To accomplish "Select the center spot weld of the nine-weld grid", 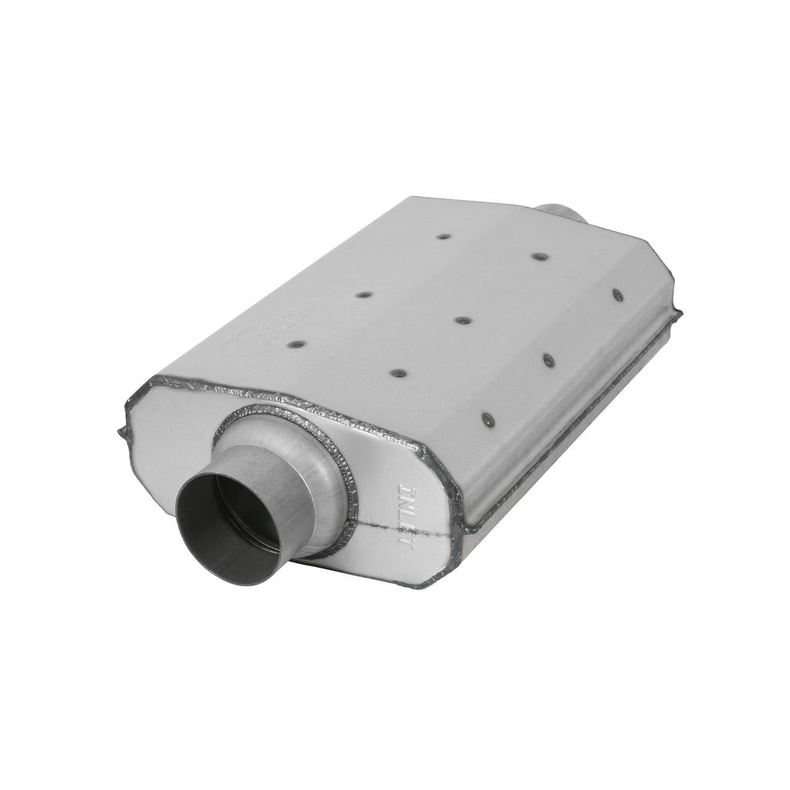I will pos(461,320).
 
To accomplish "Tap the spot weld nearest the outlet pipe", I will pos(537,255).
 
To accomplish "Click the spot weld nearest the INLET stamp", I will pos(488,419).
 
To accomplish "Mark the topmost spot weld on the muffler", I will pos(443,235).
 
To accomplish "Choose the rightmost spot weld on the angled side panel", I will pos(617,294).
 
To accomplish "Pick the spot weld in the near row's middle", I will pos(398,373).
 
